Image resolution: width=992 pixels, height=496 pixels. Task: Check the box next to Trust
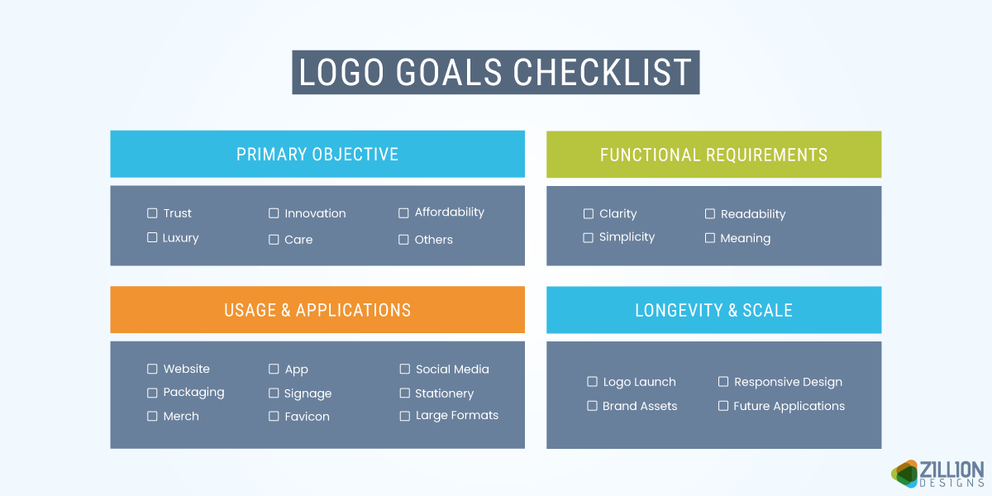pos(152,213)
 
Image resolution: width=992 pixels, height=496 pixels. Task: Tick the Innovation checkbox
pos(274,213)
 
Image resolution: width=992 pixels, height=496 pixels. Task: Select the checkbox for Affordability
pos(403,212)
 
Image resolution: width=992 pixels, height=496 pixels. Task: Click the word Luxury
pos(180,238)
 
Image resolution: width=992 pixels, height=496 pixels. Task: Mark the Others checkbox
pos(403,240)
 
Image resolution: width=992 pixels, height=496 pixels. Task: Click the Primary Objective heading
pos(317,155)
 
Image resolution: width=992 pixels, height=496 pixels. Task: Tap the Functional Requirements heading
pos(713,155)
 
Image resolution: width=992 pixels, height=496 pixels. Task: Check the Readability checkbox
pos(710,214)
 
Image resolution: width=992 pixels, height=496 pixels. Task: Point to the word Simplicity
pos(627,237)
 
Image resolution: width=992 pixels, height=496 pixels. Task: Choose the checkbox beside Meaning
pos(710,238)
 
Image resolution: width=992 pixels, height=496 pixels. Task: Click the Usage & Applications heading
pos(317,310)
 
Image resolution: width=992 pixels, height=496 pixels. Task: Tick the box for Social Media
pos(405,370)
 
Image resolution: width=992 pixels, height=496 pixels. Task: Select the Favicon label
pos(307,417)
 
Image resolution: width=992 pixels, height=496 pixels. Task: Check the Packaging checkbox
pos(152,393)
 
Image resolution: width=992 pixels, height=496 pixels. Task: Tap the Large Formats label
pos(457,416)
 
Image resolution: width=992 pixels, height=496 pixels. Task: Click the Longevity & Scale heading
pos(713,310)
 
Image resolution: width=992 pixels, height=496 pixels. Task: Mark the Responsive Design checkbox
pos(723,382)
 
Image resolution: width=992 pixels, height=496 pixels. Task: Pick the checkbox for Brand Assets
pos(592,406)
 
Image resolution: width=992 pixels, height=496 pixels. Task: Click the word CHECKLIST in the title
pos(603,73)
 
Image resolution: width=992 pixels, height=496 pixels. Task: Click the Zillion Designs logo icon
pos(905,474)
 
